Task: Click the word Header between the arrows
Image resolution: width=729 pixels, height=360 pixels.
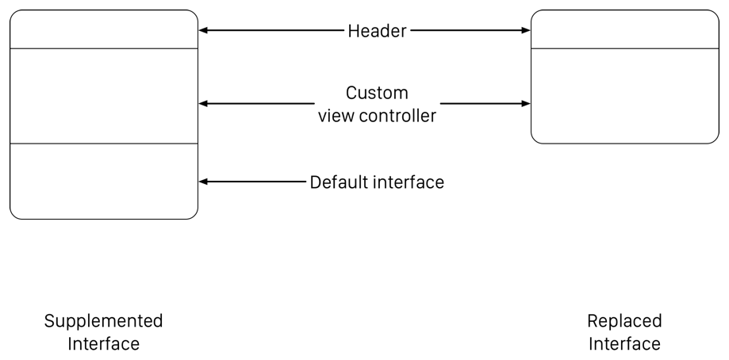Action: tap(377, 31)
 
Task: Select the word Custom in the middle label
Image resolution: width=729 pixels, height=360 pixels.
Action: tap(377, 93)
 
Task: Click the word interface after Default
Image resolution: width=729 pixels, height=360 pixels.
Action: tap(409, 182)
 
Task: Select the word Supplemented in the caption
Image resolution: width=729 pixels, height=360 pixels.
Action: tap(103, 321)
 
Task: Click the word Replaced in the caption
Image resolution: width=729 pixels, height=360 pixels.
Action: tap(624, 321)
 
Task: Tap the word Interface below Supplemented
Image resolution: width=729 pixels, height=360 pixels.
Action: tap(103, 344)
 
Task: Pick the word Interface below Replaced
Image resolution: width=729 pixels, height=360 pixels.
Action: tap(624, 344)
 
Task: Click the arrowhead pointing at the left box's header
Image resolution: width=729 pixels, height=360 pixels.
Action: tap(203, 31)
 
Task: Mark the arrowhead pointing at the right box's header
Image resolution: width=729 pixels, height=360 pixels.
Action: tap(525, 31)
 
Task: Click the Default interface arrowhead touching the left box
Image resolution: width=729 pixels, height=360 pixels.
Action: tap(203, 182)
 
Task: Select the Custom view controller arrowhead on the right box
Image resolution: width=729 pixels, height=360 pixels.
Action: tap(525, 104)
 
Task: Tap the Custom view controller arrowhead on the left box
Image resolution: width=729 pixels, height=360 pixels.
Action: tap(203, 104)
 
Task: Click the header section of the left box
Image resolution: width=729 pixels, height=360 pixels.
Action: tap(103, 30)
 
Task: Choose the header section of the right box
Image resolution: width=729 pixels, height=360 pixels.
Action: tap(624, 30)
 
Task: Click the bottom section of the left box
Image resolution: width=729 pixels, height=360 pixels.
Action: tap(103, 181)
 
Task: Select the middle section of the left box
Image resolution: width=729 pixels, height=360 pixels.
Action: tap(103, 96)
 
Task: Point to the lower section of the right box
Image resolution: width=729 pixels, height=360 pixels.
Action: tap(624, 96)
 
